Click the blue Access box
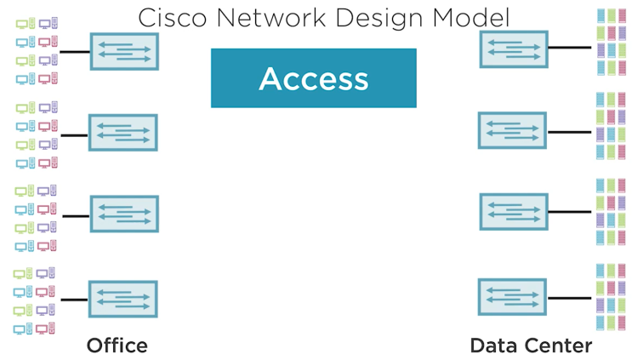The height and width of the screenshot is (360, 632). tap(313, 78)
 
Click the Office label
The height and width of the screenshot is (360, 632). tap(117, 346)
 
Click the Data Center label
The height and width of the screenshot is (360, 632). tap(531, 346)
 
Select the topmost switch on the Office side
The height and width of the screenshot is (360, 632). tap(124, 51)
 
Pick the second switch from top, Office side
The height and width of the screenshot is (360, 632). tap(124, 133)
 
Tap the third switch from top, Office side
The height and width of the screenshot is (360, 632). tap(124, 214)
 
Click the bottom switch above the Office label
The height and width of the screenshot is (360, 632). tap(123, 299)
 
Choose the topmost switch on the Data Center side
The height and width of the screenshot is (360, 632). tap(512, 49)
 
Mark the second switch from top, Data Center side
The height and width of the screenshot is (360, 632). tap(512, 131)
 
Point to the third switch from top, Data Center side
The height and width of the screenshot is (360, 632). tap(512, 212)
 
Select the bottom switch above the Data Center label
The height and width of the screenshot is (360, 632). tap(512, 297)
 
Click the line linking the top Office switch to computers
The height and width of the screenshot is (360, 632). tap(76, 51)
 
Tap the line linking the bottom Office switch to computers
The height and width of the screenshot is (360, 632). tap(75, 299)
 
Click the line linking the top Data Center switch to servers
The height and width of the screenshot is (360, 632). tap(568, 48)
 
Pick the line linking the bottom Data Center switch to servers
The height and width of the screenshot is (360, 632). tap(568, 298)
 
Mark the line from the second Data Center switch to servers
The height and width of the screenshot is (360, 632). tap(568, 132)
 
